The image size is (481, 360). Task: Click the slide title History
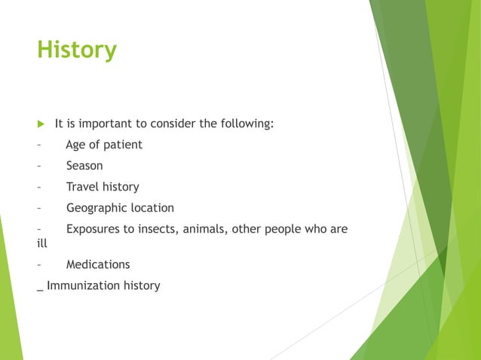(77, 50)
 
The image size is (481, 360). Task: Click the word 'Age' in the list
(76, 145)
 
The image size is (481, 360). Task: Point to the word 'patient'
(122, 145)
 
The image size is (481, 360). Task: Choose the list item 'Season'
(84, 166)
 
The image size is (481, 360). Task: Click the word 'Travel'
(82, 187)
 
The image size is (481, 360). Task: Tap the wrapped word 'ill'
(41, 243)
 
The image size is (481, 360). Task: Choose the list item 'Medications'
(97, 264)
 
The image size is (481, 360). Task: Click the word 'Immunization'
(81, 285)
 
